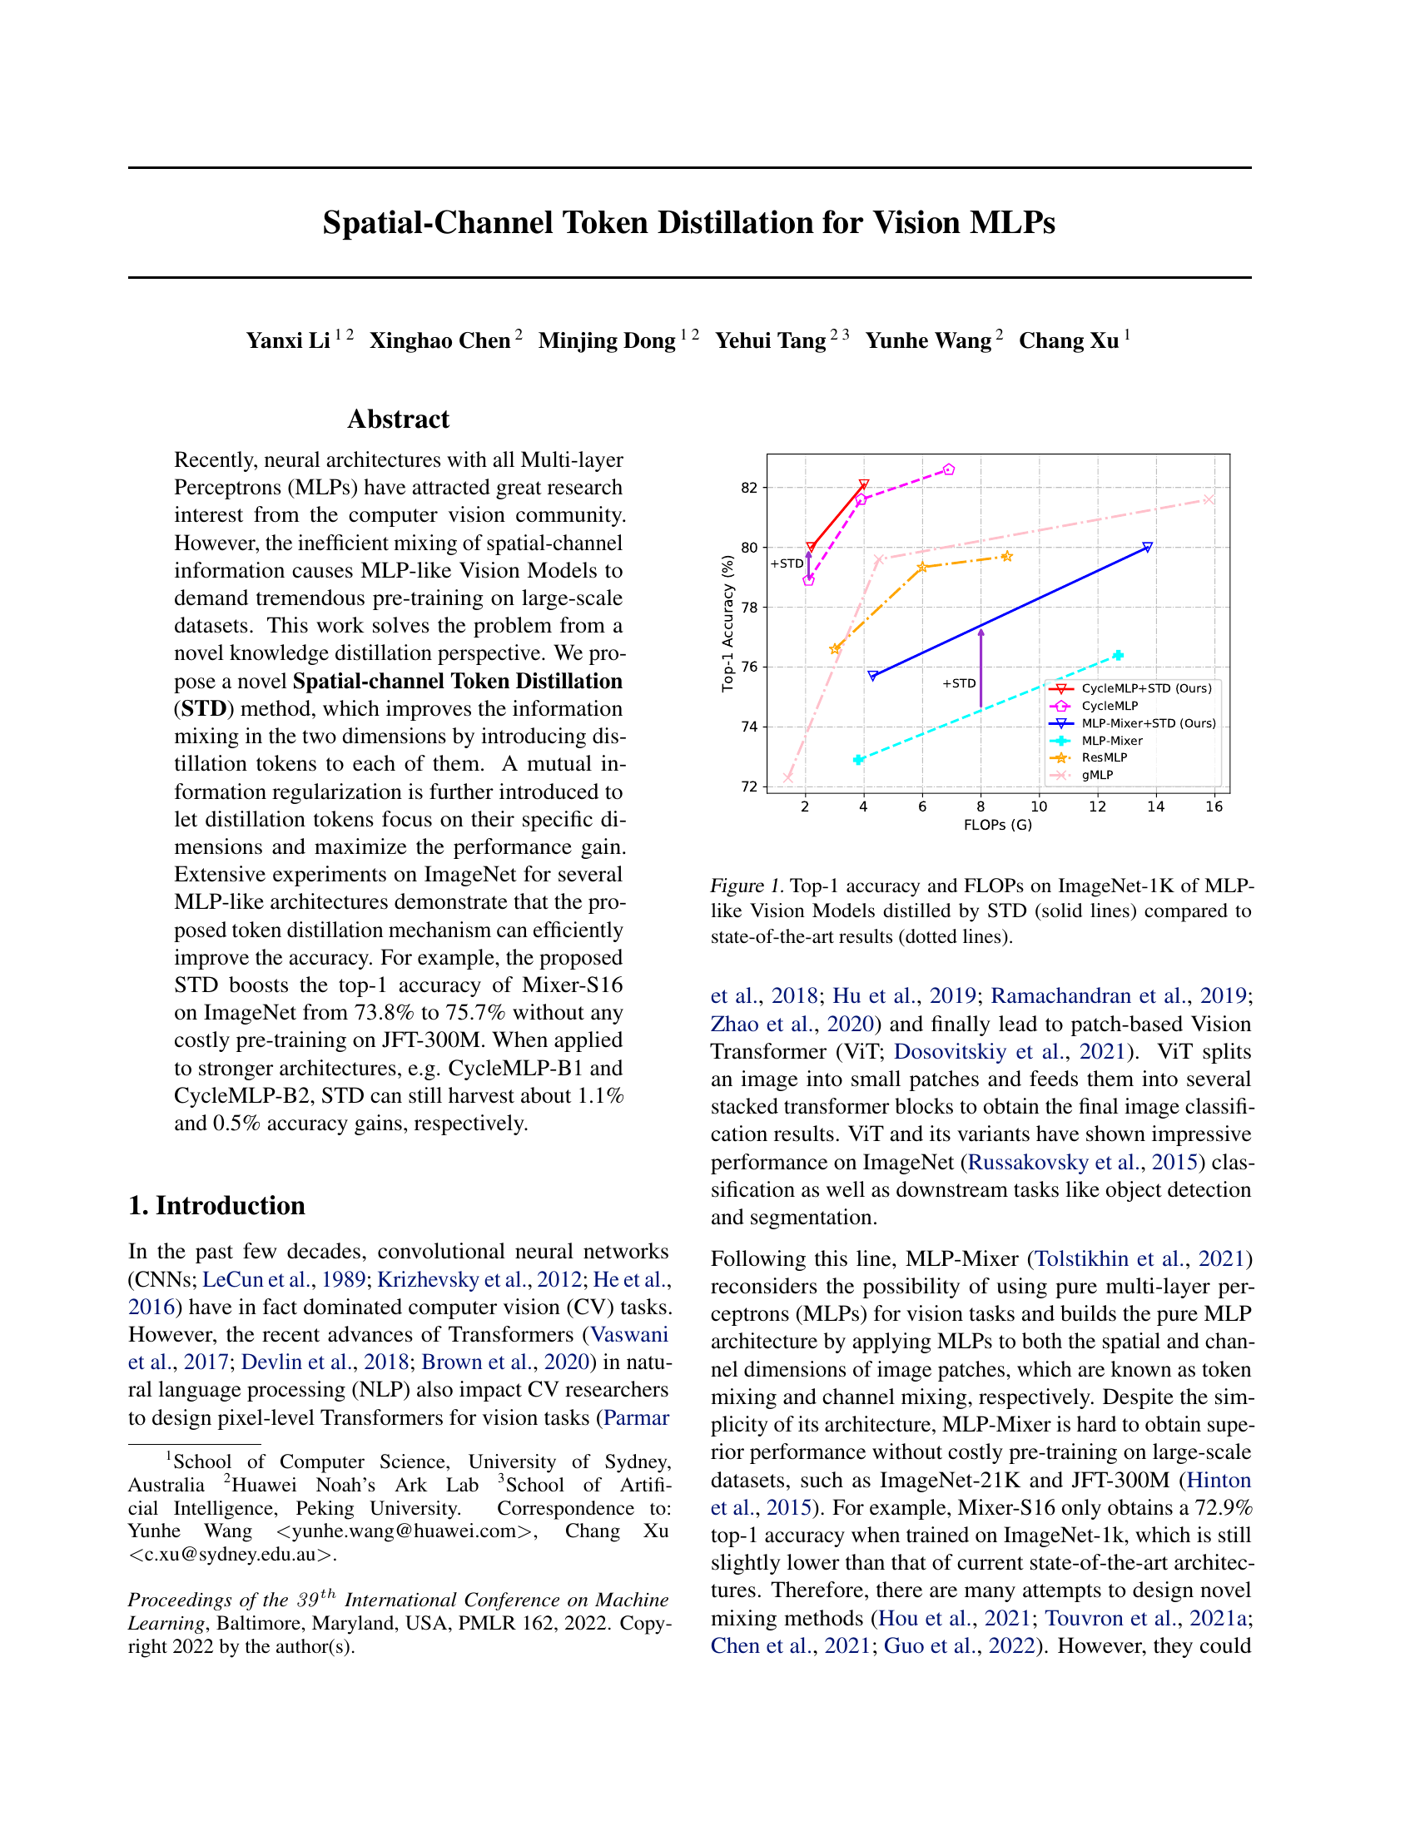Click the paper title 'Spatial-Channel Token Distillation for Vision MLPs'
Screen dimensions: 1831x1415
[688, 223]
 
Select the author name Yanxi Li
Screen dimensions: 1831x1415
[287, 340]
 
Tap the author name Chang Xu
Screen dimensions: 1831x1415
[1069, 340]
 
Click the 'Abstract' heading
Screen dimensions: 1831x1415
[398, 419]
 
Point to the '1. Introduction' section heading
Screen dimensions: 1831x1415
[216, 1206]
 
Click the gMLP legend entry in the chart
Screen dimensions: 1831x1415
[1096, 775]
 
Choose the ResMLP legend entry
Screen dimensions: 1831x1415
[1104, 757]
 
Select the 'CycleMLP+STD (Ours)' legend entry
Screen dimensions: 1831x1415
[1146, 688]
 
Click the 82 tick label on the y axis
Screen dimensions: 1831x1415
[748, 488]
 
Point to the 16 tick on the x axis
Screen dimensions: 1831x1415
[1214, 806]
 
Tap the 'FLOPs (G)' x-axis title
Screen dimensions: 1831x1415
[997, 825]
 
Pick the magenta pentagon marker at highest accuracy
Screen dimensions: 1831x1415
[949, 469]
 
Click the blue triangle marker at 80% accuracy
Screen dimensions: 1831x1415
[1148, 548]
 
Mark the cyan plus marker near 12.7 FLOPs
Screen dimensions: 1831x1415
[1117, 656]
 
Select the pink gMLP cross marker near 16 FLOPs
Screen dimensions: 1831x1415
[1209, 499]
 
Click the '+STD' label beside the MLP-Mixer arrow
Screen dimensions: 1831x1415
[959, 683]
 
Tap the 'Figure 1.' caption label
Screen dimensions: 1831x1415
[747, 886]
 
